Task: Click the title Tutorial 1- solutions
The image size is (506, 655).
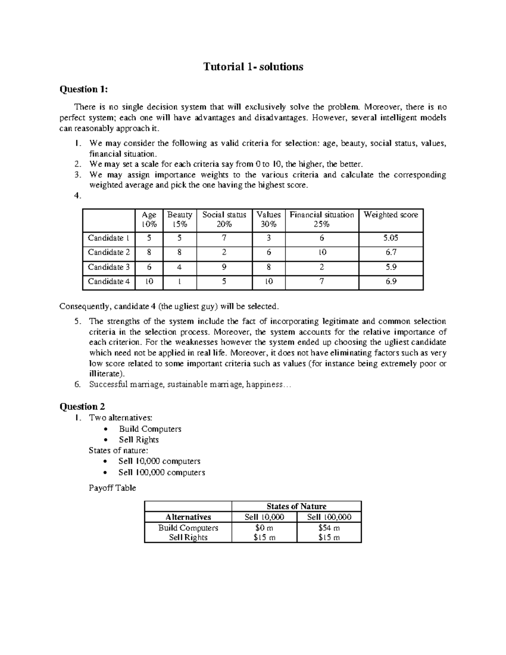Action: coord(253,67)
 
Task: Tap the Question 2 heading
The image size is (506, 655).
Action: coord(82,407)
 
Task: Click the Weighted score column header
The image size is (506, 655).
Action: coord(390,215)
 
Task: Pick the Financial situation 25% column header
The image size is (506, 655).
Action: coord(322,219)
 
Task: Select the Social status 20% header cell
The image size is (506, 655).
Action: coord(224,219)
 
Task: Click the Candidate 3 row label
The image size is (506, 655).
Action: coord(108,267)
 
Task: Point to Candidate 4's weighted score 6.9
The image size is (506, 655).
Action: coord(390,281)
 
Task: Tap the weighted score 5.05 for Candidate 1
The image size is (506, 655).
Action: coord(390,238)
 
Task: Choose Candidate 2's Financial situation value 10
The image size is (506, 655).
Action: coord(322,252)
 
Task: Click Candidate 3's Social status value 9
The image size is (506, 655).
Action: coord(224,267)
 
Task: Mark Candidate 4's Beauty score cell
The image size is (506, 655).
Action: coord(179,281)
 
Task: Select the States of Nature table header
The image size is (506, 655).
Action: coord(296,506)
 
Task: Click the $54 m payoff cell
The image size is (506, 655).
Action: coord(329,528)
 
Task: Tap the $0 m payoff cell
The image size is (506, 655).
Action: coord(264,528)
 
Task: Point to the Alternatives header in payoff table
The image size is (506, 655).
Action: coord(188,517)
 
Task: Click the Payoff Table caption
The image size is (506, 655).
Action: coord(112,488)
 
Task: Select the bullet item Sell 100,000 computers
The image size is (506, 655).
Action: coord(161,472)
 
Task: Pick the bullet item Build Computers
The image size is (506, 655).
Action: coord(150,429)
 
